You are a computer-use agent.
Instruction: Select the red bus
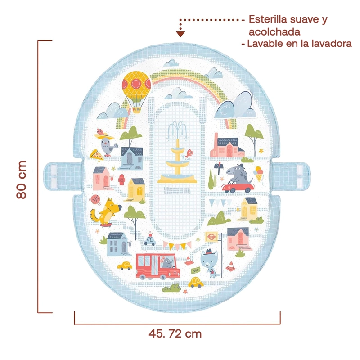tap(158, 266)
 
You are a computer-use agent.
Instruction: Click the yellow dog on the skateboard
tap(105, 212)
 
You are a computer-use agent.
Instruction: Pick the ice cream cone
tap(258, 174)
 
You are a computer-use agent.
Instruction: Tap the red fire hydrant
tap(121, 180)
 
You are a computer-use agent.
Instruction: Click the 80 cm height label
tap(22, 180)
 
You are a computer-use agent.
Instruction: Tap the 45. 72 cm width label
tap(175, 333)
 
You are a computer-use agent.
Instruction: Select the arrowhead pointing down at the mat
tap(181, 34)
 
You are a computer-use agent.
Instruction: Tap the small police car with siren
tap(150, 239)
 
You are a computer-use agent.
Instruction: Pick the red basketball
tap(95, 199)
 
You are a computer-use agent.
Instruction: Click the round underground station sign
tap(211, 237)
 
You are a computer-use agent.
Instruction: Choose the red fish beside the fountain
tap(189, 153)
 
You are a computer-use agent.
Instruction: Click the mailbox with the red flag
tap(218, 167)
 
